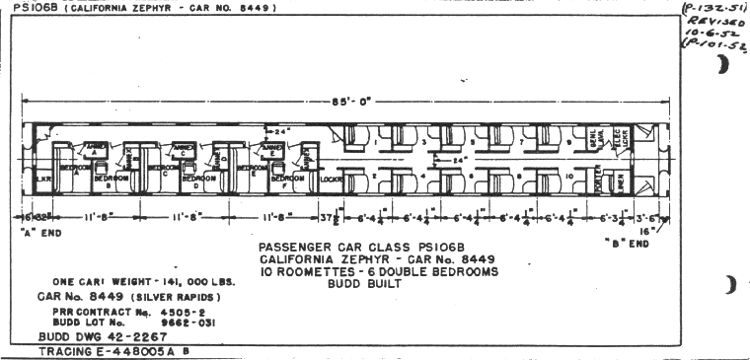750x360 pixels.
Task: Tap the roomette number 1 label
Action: [x=376, y=142]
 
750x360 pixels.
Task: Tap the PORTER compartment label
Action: [x=600, y=180]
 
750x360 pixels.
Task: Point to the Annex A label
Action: [x=96, y=148]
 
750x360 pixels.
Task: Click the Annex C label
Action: [x=184, y=150]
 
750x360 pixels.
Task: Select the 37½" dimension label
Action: [x=337, y=216]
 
